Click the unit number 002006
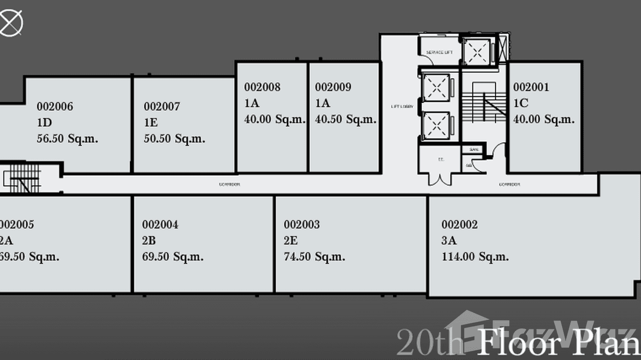[55, 106]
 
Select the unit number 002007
[162, 106]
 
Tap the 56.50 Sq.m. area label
[67, 139]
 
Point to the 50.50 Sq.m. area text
[174, 139]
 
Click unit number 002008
[262, 87]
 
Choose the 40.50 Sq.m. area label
[346, 119]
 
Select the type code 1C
[521, 103]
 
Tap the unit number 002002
[459, 224]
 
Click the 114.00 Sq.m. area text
[475, 257]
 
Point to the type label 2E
[290, 241]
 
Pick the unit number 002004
[160, 224]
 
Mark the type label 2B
[149, 241]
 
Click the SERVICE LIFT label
[439, 52]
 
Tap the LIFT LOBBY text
[398, 106]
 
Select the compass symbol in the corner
[11, 22]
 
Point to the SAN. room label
[474, 149]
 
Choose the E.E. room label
[441, 160]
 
